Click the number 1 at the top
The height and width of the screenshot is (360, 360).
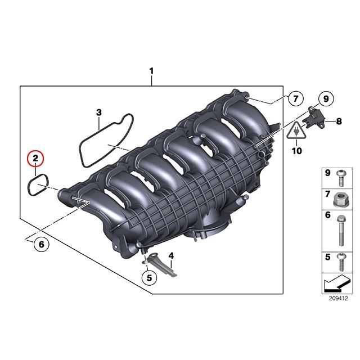151,71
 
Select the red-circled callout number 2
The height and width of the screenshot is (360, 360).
35,158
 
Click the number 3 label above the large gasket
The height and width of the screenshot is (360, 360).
98,112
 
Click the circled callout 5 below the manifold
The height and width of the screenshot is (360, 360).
148,276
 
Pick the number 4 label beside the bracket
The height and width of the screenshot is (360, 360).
171,255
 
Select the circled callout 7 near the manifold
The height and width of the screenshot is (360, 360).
294,100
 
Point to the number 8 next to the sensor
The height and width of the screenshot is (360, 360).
339,121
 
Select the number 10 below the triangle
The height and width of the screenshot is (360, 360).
296,150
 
